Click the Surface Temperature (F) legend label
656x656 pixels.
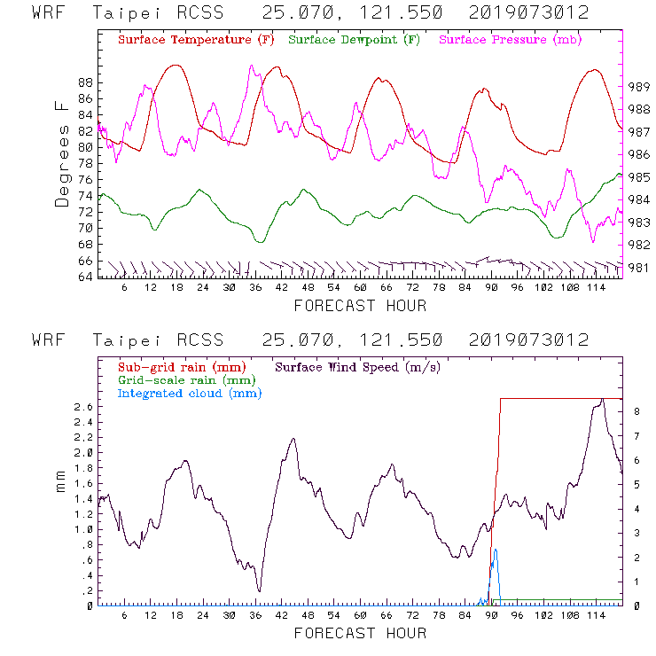196,41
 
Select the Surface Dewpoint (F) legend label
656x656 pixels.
354,41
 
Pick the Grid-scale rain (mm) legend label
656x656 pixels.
181,379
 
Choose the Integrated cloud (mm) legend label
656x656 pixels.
189,393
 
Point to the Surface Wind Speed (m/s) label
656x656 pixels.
358,366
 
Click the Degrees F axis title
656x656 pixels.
61,153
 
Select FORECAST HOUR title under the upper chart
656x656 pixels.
360,306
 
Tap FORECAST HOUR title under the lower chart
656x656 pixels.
360,633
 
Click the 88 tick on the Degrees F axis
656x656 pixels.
86,82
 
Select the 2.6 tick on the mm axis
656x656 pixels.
83,406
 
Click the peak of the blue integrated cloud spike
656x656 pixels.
496,549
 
